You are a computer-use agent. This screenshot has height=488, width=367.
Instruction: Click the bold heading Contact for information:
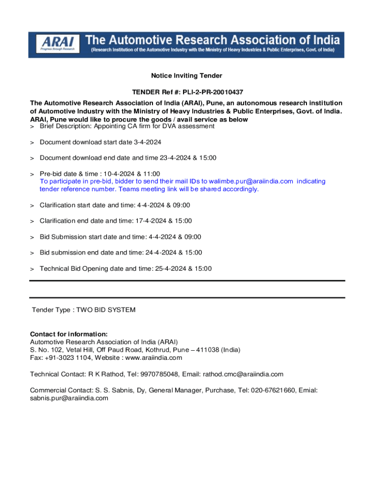coord(69,334)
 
